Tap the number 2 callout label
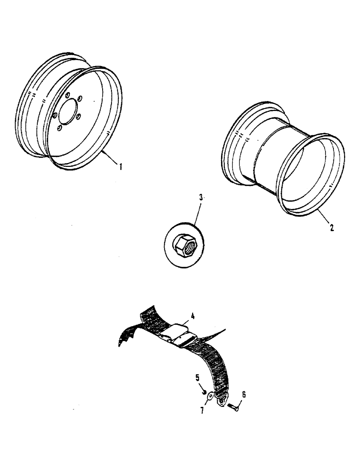point(331,228)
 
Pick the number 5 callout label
point(197,376)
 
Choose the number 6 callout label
point(244,394)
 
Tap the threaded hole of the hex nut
point(186,246)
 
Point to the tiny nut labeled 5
point(204,391)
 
